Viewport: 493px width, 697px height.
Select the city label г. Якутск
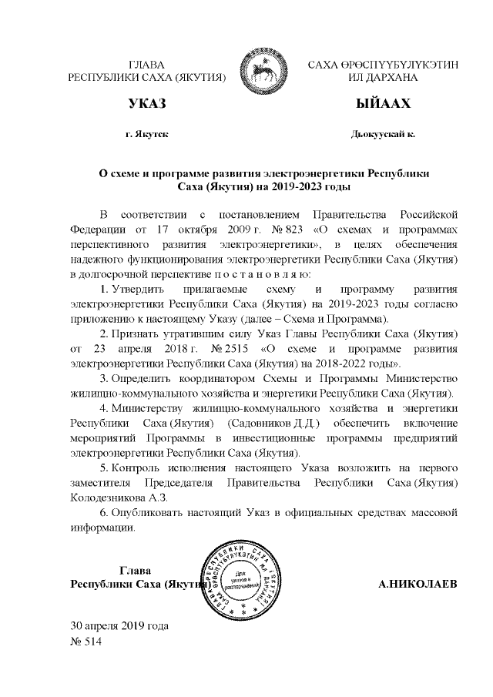146,134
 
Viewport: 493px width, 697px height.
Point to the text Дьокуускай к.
383,134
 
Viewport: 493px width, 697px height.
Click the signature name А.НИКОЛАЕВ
418,584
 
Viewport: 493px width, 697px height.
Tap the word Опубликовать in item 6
147,512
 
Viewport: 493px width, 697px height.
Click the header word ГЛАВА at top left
146,64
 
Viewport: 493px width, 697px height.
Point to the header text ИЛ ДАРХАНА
383,78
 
